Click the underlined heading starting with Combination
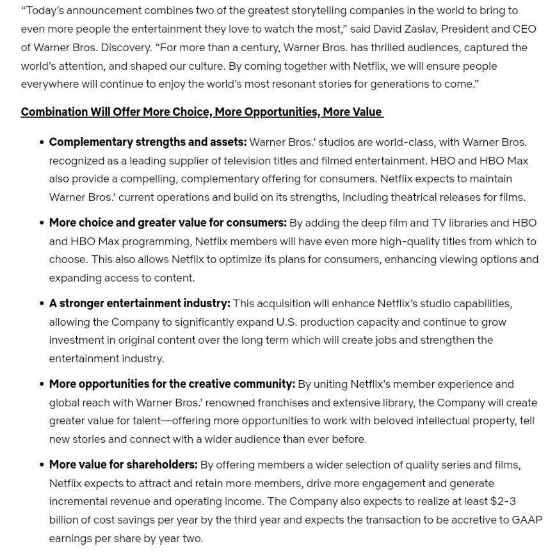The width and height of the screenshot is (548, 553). click(x=202, y=111)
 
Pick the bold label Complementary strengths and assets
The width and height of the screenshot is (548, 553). click(x=148, y=142)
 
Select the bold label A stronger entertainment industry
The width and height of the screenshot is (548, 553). click(x=140, y=303)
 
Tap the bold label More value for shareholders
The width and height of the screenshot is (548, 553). click(x=124, y=464)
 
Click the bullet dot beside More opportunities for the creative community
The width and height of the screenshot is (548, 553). click(x=42, y=384)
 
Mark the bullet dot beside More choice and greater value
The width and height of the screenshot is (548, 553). click(x=42, y=223)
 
